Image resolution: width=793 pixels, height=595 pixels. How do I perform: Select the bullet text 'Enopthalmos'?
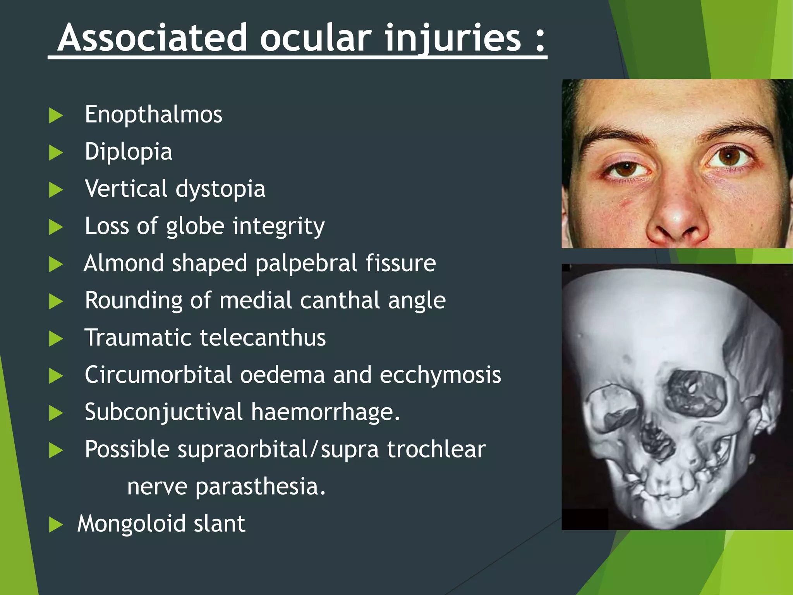point(153,115)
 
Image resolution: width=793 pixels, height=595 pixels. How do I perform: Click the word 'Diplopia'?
point(128,151)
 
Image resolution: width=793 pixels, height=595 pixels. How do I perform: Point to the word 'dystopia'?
point(220,189)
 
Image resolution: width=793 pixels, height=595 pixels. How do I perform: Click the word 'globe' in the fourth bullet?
point(195,226)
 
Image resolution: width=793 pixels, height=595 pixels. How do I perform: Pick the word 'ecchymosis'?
point(440,375)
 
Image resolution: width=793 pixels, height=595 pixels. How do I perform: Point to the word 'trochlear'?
point(436,449)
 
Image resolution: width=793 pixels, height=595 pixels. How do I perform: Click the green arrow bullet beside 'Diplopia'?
point(56,153)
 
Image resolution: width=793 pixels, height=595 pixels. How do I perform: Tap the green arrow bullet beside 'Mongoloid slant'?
point(56,525)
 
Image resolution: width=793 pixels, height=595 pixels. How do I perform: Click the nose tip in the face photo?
point(676,217)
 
